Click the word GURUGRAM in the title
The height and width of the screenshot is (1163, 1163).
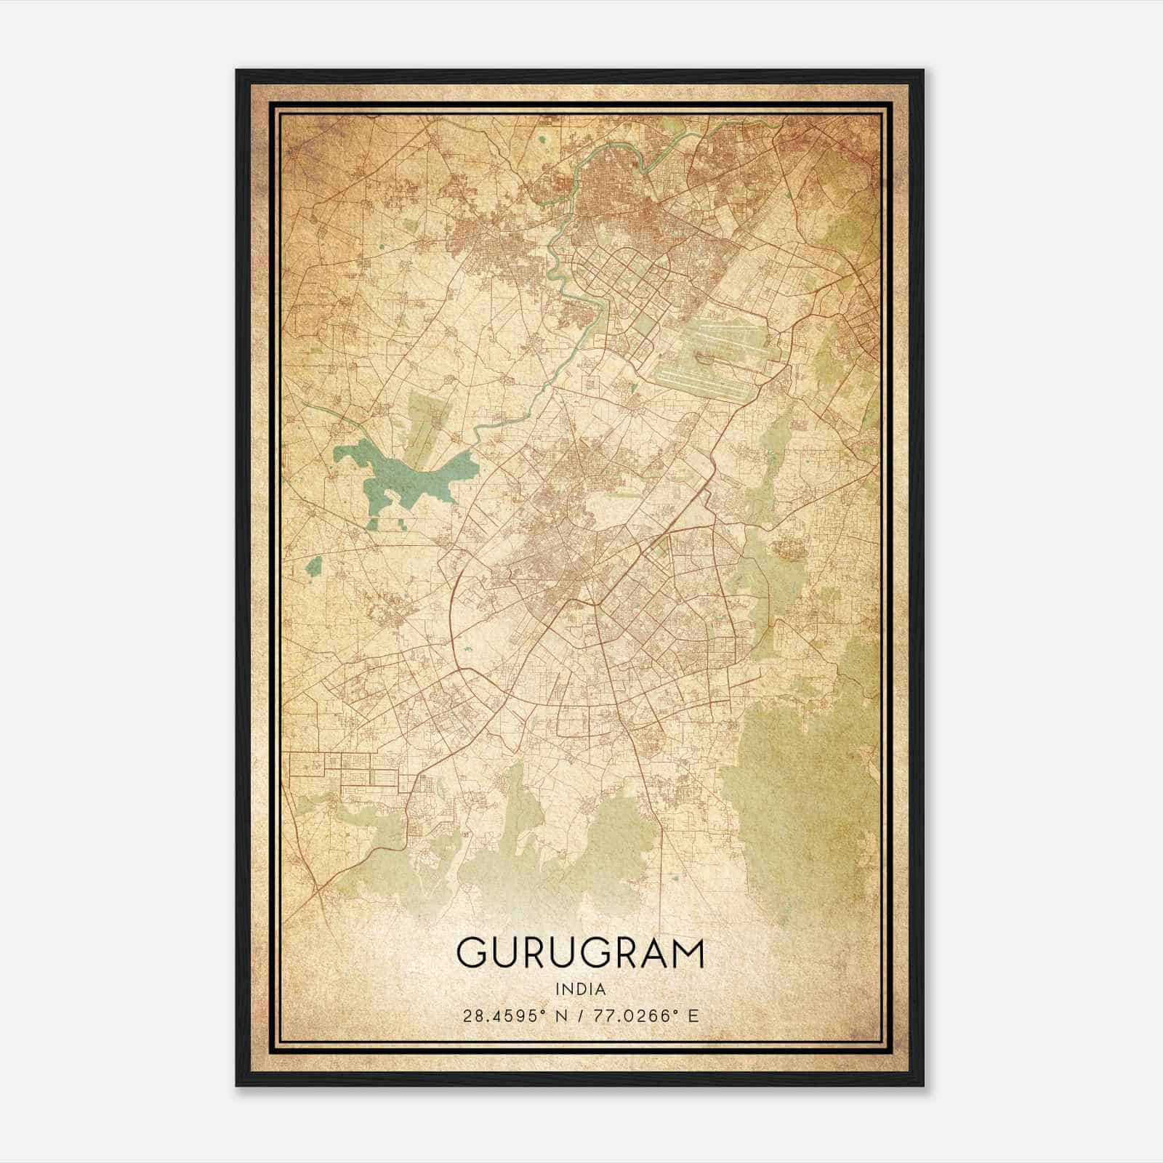(x=580, y=953)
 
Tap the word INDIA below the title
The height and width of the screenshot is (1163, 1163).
(x=580, y=989)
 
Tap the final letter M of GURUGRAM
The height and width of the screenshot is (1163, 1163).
(x=688, y=953)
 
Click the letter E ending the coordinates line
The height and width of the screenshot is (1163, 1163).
(x=693, y=1015)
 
